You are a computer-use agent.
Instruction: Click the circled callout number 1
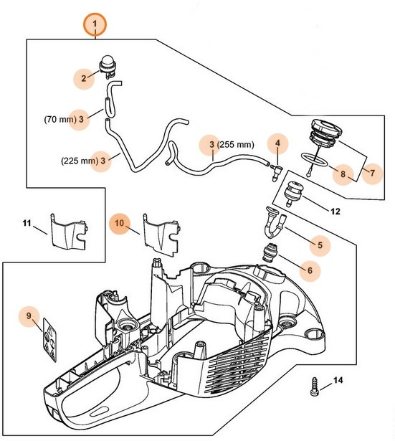point(94,27)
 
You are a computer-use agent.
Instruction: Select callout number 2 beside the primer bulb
point(83,78)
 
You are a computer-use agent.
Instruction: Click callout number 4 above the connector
point(276,143)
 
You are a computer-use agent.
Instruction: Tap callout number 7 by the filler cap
point(371,172)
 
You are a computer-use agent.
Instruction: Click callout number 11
point(27,224)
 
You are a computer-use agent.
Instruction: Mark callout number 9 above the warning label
point(29,315)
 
